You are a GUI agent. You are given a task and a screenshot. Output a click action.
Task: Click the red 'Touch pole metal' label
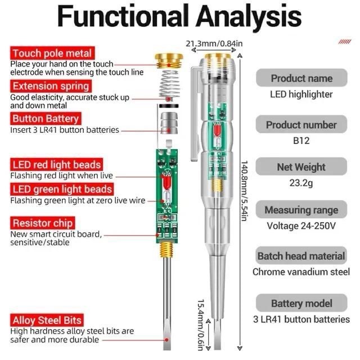[x=51, y=53]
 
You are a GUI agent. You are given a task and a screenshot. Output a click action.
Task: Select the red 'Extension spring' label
[x=51, y=86]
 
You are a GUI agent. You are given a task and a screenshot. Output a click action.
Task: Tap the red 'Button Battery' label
[x=46, y=119]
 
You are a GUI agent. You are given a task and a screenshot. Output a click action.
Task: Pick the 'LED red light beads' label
[x=56, y=164]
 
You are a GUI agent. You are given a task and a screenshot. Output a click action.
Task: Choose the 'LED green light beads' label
[x=61, y=189]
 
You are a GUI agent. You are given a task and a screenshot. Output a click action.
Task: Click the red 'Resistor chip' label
[x=46, y=223]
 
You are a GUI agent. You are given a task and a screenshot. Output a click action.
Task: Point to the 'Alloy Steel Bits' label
[x=47, y=321]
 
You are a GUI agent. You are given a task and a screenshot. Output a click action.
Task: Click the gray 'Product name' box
[x=301, y=78]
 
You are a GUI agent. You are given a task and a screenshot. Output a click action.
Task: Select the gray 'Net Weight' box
[x=301, y=167]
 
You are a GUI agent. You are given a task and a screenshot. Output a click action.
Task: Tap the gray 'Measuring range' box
[x=301, y=210]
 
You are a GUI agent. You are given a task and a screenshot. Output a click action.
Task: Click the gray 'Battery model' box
[x=301, y=304]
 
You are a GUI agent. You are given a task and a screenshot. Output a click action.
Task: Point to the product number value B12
[x=301, y=141]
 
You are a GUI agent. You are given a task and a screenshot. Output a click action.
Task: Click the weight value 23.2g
[x=301, y=183]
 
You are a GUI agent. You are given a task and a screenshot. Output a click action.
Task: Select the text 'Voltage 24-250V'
[x=301, y=226]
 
